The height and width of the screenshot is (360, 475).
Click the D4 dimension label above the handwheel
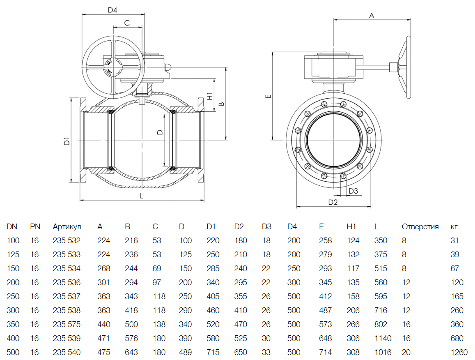click(112, 10)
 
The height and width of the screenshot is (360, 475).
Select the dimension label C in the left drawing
click(127, 23)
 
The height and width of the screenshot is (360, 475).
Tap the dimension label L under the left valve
click(142, 196)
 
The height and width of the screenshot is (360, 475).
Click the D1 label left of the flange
click(66, 141)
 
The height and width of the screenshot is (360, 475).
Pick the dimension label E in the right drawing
click(267, 97)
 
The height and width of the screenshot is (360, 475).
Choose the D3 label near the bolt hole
click(353, 191)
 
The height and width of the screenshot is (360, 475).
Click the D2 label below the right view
click(333, 202)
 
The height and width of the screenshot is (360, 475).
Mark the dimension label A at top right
click(372, 16)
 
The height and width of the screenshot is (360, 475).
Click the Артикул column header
click(67, 226)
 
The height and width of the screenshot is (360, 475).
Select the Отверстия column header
click(420, 226)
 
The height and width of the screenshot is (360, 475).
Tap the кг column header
click(454, 226)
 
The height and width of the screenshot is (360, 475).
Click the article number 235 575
click(67, 324)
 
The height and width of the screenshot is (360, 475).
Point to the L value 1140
click(383, 338)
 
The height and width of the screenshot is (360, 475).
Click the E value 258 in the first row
click(325, 240)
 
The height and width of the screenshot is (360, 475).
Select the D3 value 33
click(266, 352)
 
